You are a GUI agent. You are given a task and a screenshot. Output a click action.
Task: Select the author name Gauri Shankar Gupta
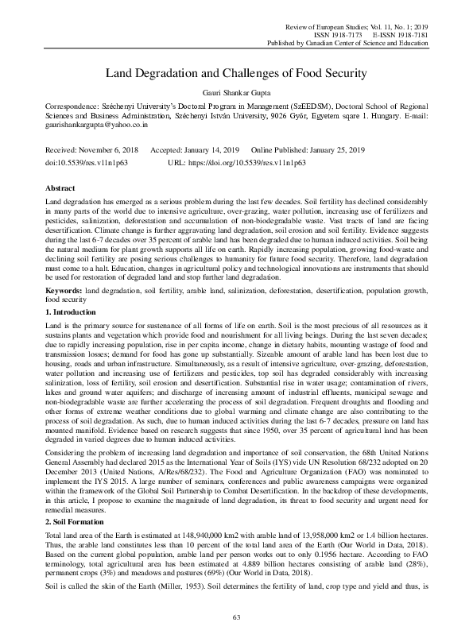click(236, 92)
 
